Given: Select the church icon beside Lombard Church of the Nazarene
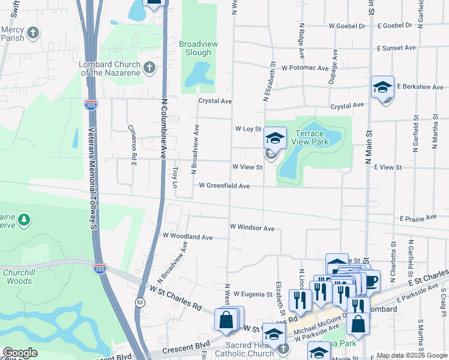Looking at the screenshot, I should pyautogui.click(x=150, y=68).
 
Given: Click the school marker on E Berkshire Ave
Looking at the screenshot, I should pyautogui.click(x=382, y=88).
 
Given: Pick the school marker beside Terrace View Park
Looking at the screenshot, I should pyautogui.click(x=275, y=139).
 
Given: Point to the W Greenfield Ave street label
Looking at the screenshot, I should pyautogui.click(x=224, y=187).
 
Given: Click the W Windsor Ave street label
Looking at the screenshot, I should pyautogui.click(x=252, y=229).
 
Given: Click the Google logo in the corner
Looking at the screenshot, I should pyautogui.click(x=20, y=353).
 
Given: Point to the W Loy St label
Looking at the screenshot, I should pyautogui.click(x=249, y=129).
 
